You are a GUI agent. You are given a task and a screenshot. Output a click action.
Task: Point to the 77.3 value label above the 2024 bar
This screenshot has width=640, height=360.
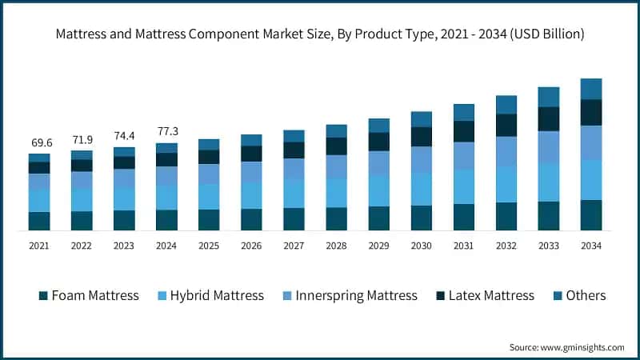[x=166, y=130]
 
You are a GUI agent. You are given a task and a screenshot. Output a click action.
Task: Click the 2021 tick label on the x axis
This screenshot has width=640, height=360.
[x=39, y=246]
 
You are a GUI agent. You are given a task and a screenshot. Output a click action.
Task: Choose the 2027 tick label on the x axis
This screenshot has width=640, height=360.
[x=294, y=246]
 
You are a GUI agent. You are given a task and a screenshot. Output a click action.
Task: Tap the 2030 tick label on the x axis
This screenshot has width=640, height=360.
[x=421, y=246]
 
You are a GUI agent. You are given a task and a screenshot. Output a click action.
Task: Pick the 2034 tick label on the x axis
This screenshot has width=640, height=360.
[x=590, y=246]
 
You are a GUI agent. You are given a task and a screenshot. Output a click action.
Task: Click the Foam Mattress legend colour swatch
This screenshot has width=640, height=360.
[x=43, y=296]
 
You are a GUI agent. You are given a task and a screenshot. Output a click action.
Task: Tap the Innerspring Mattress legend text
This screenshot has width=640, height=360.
[x=356, y=296]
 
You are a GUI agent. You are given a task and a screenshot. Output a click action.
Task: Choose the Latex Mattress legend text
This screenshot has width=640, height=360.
[x=491, y=296]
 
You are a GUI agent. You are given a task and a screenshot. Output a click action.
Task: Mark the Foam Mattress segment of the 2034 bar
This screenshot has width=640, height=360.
[x=590, y=215]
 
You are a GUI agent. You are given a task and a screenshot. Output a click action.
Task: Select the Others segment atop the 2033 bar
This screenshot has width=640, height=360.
[x=548, y=97]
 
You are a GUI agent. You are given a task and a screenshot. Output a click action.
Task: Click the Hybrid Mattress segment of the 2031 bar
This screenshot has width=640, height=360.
[x=463, y=186]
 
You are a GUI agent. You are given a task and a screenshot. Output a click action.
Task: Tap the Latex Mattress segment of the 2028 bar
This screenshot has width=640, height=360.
[x=336, y=146]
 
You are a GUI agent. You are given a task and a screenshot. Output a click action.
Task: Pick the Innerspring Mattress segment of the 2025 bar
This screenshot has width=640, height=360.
[x=209, y=174]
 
